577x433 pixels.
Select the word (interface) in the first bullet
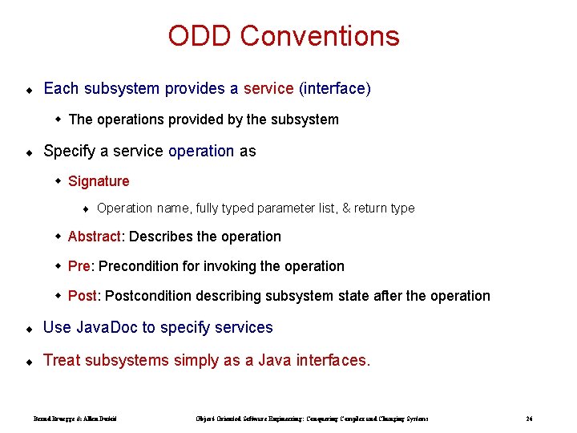pos(334,88)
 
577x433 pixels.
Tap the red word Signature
pos(99,181)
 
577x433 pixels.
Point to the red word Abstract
pos(95,237)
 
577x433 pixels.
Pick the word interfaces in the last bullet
pos(331,360)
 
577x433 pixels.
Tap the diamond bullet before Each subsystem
pos(28,90)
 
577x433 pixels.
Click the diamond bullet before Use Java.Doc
pos(28,329)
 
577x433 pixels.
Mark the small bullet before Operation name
pos(86,209)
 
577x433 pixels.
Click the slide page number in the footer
pos(530,419)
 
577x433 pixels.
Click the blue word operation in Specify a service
pos(201,151)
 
